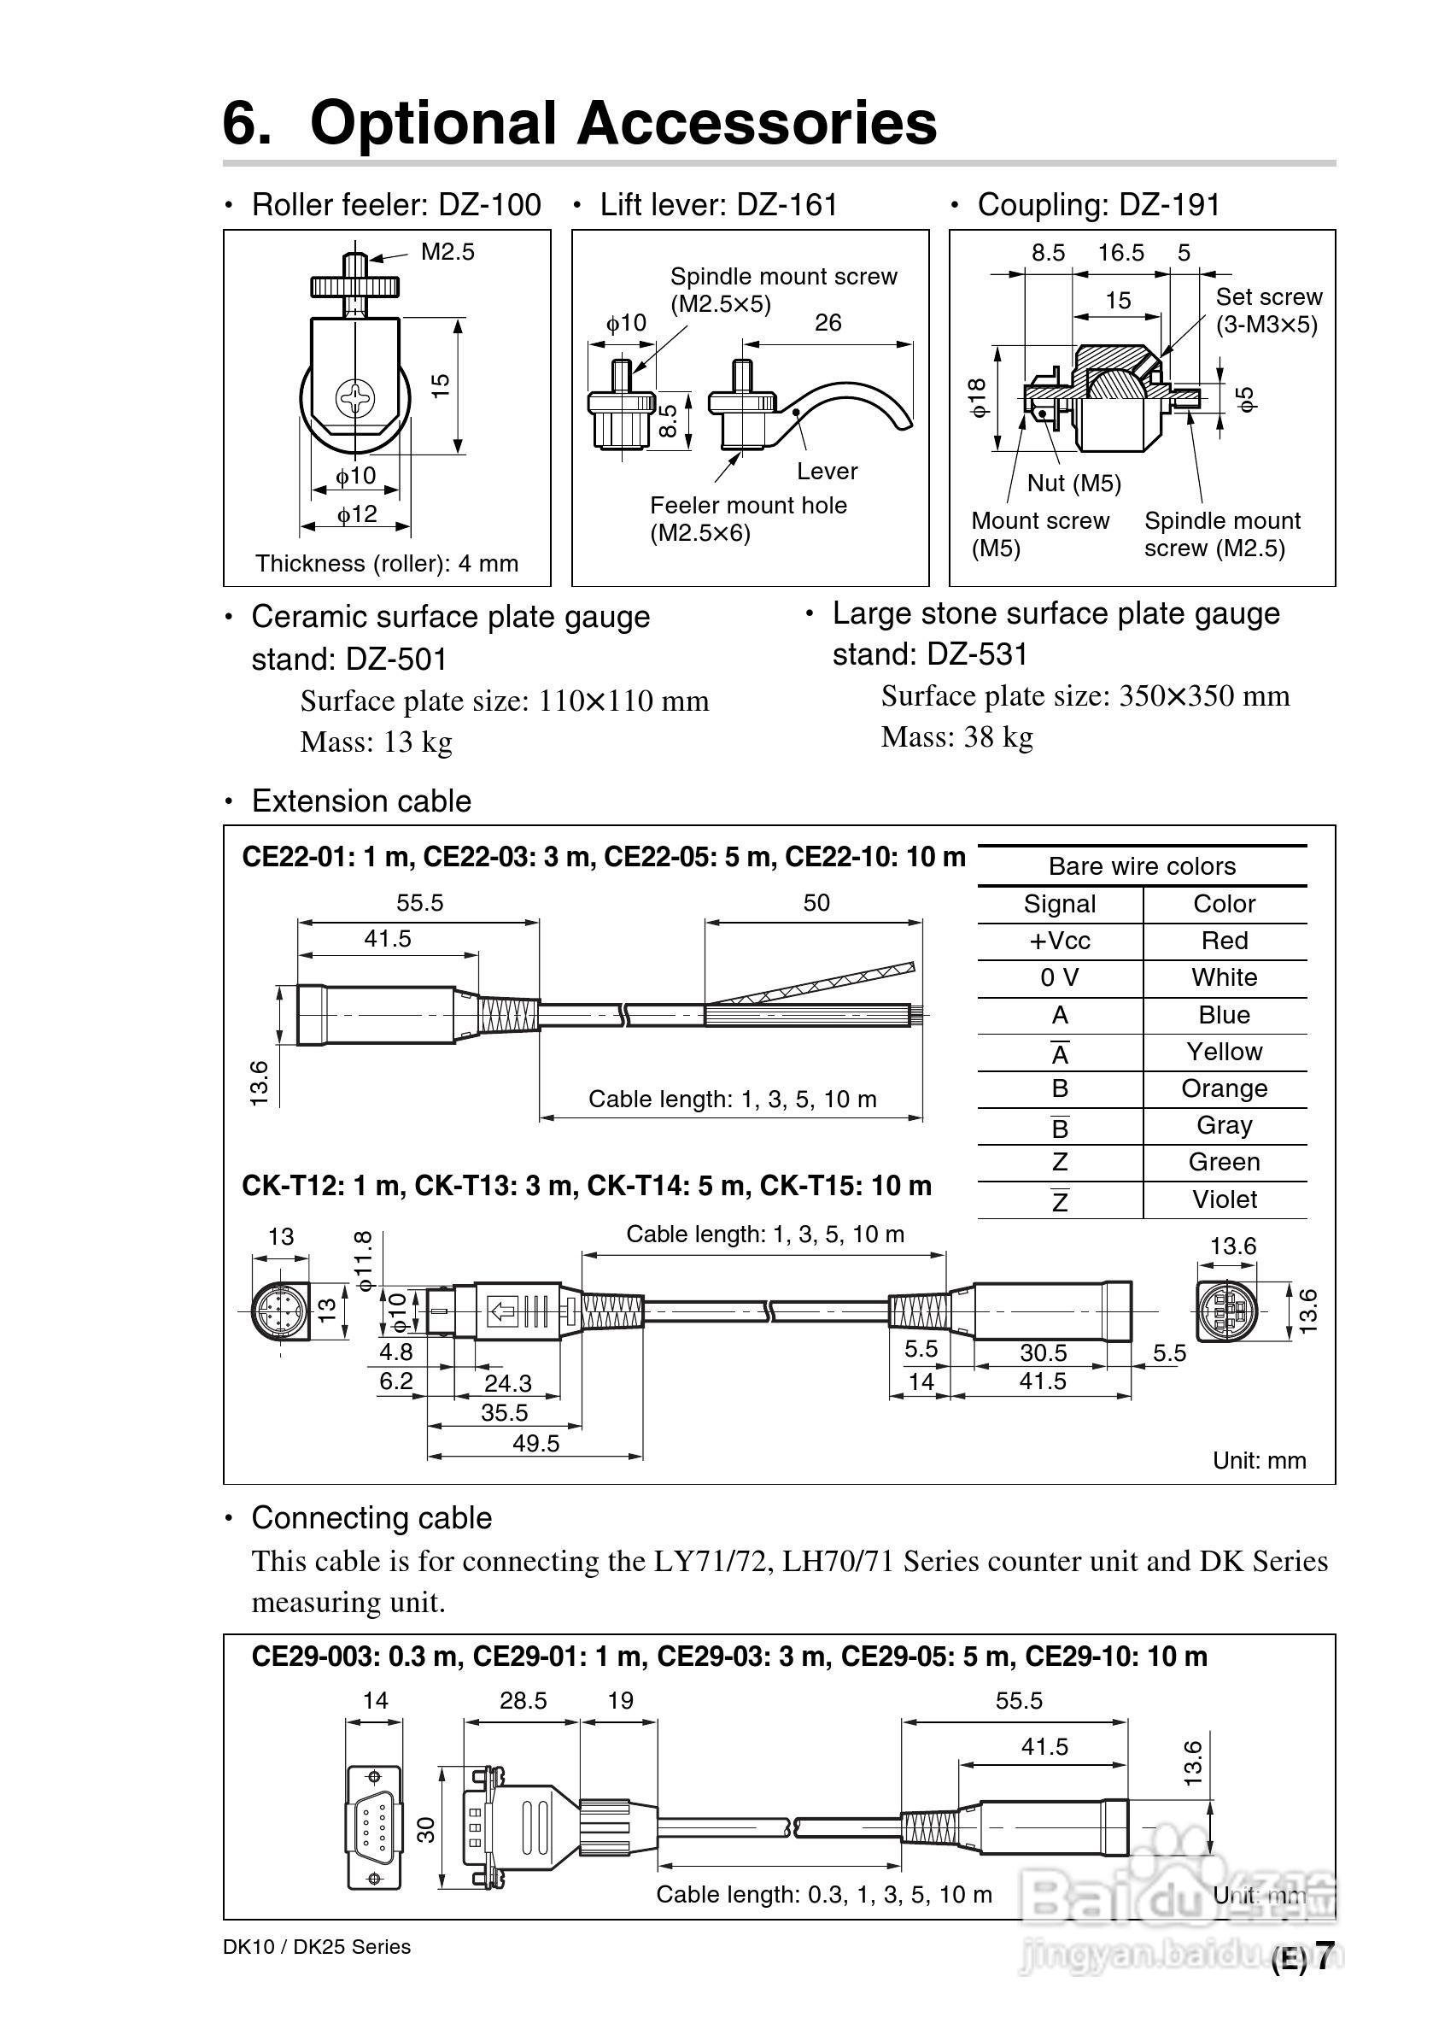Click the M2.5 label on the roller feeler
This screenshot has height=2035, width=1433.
(x=447, y=252)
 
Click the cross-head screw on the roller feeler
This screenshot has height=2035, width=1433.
(x=356, y=400)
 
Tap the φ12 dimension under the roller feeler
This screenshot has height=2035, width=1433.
(x=356, y=514)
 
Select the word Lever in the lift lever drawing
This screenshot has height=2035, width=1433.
(x=826, y=471)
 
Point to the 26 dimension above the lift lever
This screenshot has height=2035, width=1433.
(x=827, y=323)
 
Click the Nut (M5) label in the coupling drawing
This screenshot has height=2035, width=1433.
(x=1073, y=483)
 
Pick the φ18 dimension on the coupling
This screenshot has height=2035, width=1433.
(x=978, y=398)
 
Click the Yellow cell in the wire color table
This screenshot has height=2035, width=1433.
(x=1224, y=1052)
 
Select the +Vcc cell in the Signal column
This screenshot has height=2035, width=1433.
(x=1059, y=941)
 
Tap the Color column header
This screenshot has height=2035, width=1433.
(x=1224, y=904)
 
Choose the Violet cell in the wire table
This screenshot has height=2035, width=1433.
(x=1224, y=1199)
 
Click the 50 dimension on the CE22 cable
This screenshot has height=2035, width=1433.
(x=816, y=903)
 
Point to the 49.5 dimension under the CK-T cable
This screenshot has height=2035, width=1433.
(x=535, y=1444)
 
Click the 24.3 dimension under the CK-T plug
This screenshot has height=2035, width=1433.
(x=508, y=1382)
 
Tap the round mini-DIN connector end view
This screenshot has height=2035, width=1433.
(x=277, y=1309)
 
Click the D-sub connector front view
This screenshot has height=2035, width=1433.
(x=372, y=1828)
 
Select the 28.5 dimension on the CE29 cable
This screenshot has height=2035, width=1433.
(x=523, y=1701)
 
